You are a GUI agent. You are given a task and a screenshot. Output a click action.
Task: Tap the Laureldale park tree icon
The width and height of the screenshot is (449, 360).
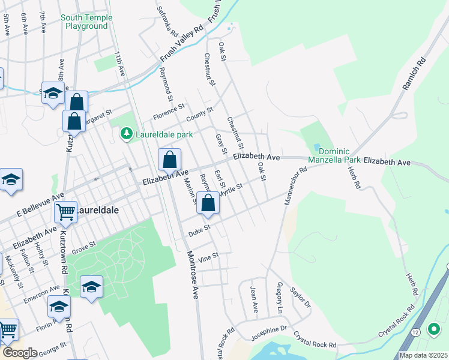pos(126,133)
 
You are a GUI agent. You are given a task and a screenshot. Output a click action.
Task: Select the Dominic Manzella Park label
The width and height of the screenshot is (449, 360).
pos(334,156)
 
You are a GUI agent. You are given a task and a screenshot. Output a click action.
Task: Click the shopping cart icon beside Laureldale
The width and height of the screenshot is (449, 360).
pos(65,211)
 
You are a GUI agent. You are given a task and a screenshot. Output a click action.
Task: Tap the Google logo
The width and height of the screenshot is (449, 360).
pos(19,353)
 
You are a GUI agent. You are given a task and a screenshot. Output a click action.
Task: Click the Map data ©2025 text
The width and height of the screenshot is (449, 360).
pos(423,355)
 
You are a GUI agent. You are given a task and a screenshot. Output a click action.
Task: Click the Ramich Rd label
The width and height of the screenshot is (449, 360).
pos(414,74)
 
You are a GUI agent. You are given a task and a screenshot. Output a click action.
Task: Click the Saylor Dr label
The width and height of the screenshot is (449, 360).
pos(300,297)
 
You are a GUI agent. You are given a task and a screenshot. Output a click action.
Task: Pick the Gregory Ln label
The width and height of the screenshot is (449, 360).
pos(279,299)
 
